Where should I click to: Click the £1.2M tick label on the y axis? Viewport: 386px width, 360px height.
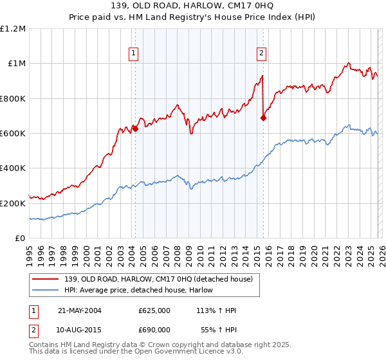pyautogui.click(x=13, y=29)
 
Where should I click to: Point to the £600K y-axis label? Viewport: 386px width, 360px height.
pyautogui.click(x=13, y=134)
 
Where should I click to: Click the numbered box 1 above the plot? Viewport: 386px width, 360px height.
pyautogui.click(x=134, y=53)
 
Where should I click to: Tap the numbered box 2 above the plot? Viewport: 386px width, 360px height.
pyautogui.click(x=262, y=53)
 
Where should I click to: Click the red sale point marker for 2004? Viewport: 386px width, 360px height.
pyautogui.click(x=135, y=129)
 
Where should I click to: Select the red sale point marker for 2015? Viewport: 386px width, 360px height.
pyautogui.click(x=263, y=118)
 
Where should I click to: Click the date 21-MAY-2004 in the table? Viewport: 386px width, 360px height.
pyautogui.click(x=80, y=310)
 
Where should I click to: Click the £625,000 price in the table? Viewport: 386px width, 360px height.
pyautogui.click(x=154, y=310)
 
